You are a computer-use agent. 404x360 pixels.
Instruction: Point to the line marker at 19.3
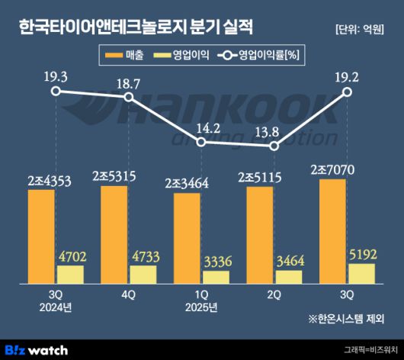point(56,91)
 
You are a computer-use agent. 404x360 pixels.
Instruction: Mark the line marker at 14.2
point(201,142)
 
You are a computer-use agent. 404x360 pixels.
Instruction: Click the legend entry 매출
point(125,55)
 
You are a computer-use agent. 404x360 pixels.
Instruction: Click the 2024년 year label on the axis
point(55,308)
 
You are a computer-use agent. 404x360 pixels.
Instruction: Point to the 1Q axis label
point(201,295)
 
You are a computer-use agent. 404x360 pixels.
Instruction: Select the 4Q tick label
point(128,295)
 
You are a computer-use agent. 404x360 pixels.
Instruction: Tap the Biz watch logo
point(36,349)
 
